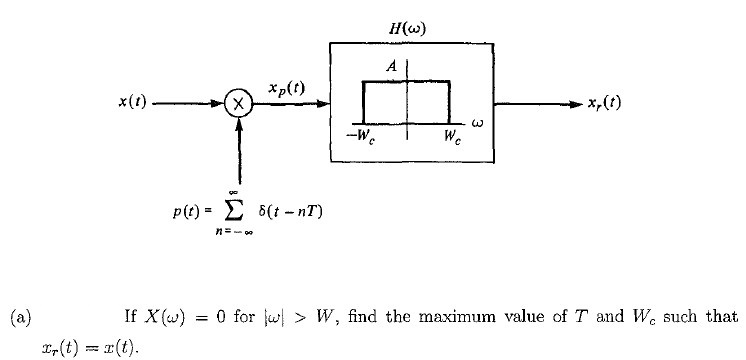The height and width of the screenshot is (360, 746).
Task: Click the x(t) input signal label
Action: click(133, 102)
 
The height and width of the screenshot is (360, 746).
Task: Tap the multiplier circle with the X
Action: click(238, 103)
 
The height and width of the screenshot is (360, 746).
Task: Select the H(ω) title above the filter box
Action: click(409, 29)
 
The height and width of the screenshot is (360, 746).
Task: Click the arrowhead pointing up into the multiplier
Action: click(238, 122)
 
